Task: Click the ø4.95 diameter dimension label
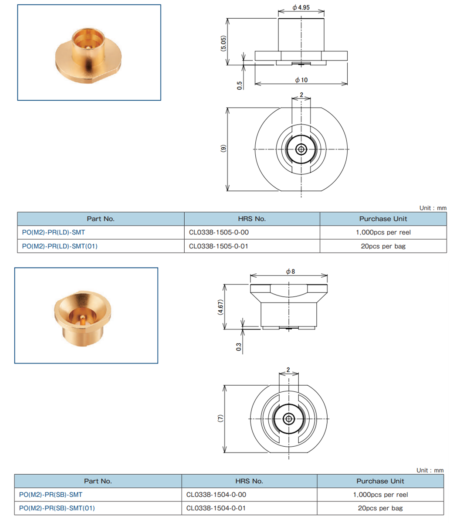point(301,8)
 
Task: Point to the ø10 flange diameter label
point(301,80)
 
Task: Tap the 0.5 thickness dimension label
point(240,85)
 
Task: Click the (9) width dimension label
point(223,148)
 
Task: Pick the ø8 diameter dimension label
point(291,271)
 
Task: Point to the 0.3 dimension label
point(239,347)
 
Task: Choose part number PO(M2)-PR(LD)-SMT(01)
point(60,246)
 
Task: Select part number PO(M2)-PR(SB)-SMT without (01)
point(51,495)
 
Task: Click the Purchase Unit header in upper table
point(383,219)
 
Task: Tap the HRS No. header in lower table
point(249,481)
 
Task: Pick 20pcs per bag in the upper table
point(383,246)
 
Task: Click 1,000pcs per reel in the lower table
point(380,495)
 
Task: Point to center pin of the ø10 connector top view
point(301,149)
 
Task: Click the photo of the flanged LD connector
point(89,53)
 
